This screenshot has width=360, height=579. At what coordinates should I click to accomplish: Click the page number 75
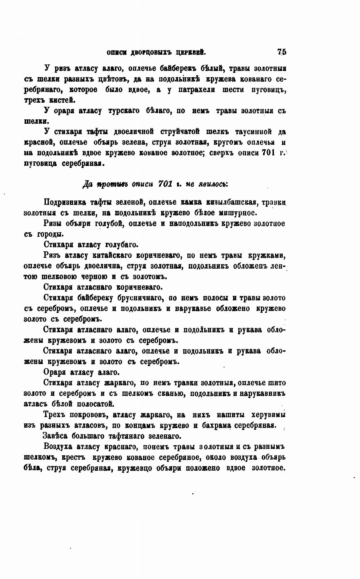281,52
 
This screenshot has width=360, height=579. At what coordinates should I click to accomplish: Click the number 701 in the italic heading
165,184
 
